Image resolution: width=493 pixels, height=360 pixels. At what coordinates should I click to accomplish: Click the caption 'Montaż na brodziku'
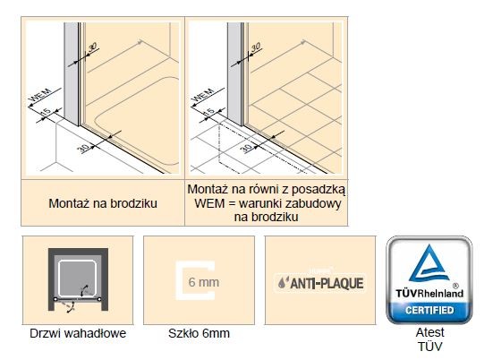103,204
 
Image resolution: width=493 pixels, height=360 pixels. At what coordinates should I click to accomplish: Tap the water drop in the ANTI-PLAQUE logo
284,284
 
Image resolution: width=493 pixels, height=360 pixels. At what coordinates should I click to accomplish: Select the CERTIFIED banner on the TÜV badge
429,311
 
